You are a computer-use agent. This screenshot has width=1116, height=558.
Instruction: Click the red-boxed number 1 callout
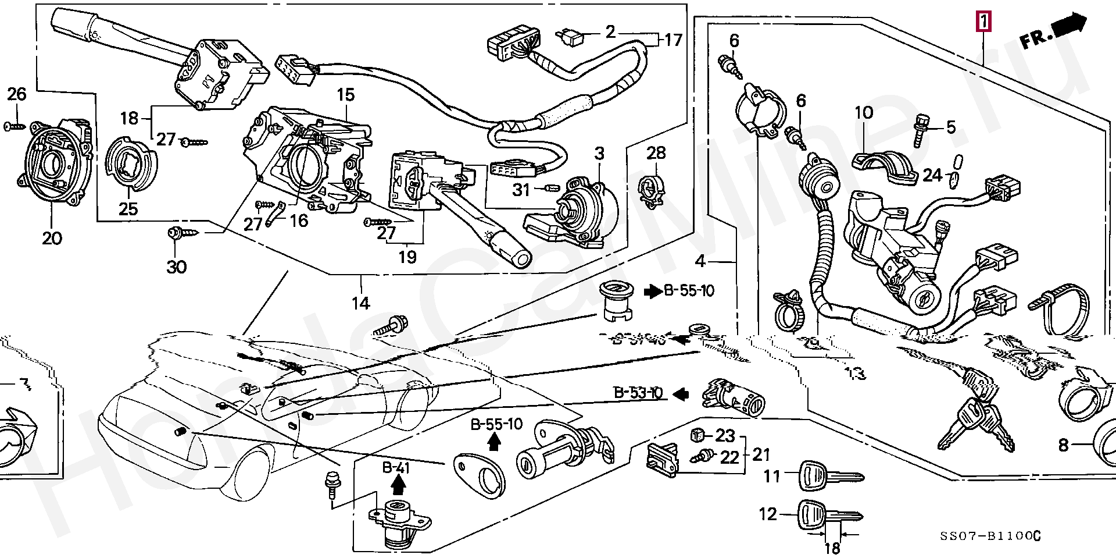pos(983,23)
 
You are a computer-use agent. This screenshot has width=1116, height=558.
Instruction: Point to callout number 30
pos(177,267)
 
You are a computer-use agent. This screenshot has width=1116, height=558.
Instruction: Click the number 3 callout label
pos(599,154)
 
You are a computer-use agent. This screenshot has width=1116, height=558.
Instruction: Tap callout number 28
pos(656,154)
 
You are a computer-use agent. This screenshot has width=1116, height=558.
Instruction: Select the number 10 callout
pos(864,112)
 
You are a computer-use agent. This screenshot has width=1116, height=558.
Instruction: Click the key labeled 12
pos(828,516)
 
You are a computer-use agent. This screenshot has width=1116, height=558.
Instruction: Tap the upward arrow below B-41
pos(398,484)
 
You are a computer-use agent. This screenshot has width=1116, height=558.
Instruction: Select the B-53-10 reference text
pos(638,394)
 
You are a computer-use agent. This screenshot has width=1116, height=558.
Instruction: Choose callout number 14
pos(361,303)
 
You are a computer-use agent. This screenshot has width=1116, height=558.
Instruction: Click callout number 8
pos(1063,446)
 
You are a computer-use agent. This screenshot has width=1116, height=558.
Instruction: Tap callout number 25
pos(128,208)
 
